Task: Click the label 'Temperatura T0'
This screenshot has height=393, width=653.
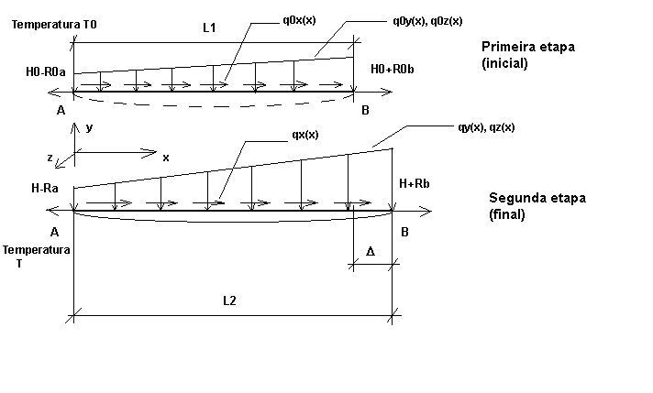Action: coord(54,25)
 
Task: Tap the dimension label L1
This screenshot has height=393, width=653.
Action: coord(209,27)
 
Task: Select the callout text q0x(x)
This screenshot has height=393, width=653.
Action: coord(299,20)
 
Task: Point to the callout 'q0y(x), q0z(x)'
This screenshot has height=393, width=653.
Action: coord(427,21)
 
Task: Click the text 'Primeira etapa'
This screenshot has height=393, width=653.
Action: coord(528,47)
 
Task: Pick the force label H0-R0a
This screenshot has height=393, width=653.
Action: coord(46,72)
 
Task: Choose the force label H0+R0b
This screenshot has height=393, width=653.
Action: coord(393,69)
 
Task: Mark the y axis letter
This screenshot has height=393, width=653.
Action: coord(89,127)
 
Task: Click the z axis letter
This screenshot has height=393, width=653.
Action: coord(50,158)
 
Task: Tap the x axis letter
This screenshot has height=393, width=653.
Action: coord(166,158)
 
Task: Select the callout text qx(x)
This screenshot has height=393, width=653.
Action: coord(305,135)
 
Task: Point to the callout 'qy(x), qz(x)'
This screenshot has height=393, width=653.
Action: coord(486,127)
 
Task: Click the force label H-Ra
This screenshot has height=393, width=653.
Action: coord(45,188)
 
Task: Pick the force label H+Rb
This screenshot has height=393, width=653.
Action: coord(415,183)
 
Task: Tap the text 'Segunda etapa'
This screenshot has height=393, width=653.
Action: coord(537,198)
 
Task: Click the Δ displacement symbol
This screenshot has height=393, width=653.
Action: coord(371,251)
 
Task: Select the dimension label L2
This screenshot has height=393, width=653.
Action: coord(229,300)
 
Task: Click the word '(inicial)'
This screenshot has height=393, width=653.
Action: coord(504,63)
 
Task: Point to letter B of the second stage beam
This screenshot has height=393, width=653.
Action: coord(404,232)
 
